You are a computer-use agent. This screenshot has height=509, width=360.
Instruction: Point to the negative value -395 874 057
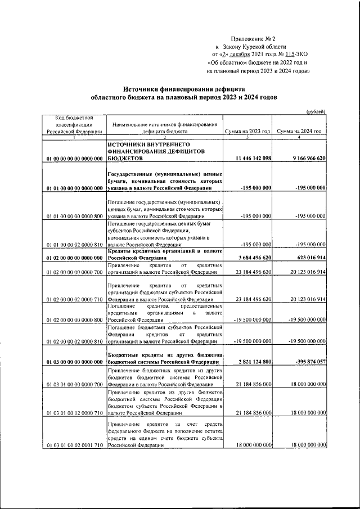(307, 362)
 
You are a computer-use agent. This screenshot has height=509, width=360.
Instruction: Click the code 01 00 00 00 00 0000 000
(74, 159)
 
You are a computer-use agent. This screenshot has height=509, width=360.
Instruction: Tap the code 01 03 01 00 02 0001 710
(74, 445)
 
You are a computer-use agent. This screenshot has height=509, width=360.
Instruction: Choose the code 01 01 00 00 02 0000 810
(74, 245)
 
